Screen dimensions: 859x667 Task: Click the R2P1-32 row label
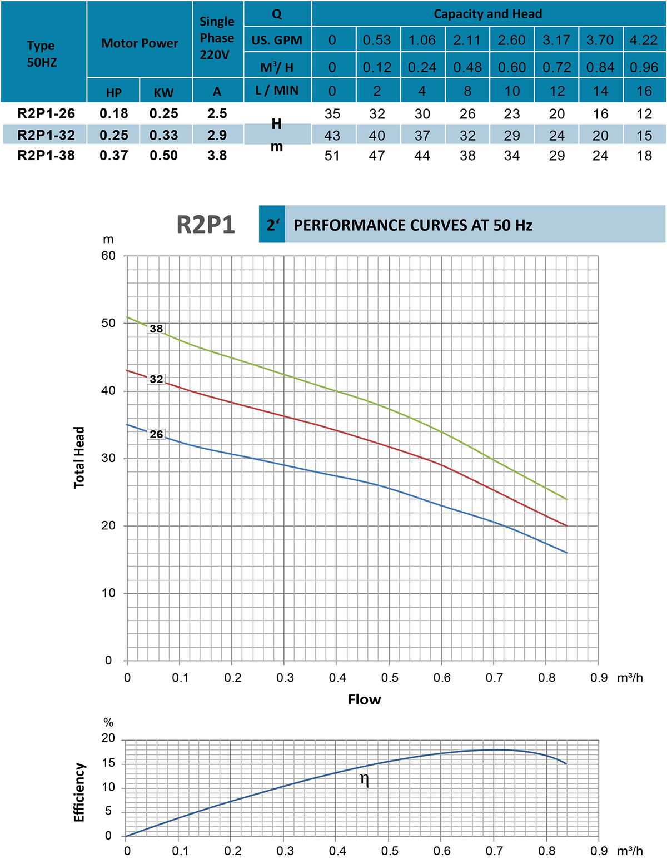[46, 135]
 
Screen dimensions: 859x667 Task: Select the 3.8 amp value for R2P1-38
[217, 156]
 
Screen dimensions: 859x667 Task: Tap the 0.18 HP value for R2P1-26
[114, 114]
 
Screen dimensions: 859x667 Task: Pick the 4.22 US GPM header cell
[644, 41]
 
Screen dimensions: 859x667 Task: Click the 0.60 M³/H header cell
[511, 68]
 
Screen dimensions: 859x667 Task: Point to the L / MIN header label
[277, 91]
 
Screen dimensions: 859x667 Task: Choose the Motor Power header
[140, 43]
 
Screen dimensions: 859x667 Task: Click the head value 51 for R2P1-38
[332, 156]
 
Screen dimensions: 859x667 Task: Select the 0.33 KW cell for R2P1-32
[163, 135]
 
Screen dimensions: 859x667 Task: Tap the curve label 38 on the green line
[156, 329]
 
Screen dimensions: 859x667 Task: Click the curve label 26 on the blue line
[156, 434]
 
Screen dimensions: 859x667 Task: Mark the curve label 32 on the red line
[156, 379]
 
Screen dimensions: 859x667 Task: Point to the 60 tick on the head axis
[108, 256]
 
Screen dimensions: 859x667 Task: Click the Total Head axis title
[79, 458]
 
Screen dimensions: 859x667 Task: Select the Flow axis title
[365, 699]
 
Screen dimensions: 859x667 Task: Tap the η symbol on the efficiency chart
[365, 779]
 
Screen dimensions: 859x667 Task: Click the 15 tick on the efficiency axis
[108, 763]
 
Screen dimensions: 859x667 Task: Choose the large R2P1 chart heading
[206, 225]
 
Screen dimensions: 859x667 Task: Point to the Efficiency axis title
[79, 792]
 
